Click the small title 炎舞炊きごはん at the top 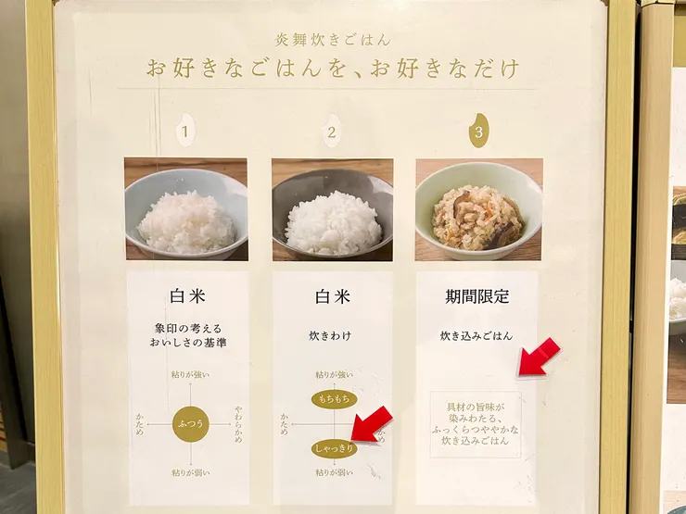[332, 40]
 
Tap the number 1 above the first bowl [184, 132]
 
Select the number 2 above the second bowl [331, 132]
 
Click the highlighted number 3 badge [478, 132]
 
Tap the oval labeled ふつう [189, 423]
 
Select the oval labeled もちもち [334, 399]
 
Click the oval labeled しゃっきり [335, 448]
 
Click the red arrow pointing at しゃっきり [373, 426]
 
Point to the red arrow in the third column [538, 357]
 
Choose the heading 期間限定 [476, 297]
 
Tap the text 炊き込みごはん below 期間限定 [476, 335]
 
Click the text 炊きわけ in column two [331, 335]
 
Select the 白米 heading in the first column [188, 297]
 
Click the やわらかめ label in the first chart [238, 423]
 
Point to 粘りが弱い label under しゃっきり [334, 472]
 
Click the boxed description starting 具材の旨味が [476, 424]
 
